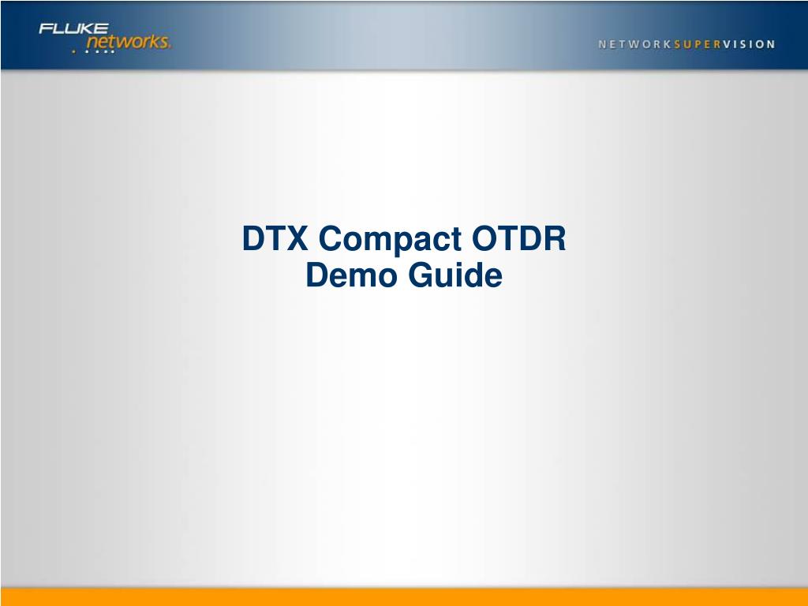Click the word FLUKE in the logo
[73, 28]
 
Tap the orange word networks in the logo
[129, 41]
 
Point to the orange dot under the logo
[73, 51]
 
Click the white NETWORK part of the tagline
[634, 44]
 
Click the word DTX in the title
[275, 238]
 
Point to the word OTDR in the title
[519, 238]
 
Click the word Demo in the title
[352, 275]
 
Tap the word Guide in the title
[455, 275]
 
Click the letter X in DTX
[297, 238]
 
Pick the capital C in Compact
[331, 238]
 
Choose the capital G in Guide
[421, 275]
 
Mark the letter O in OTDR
[485, 238]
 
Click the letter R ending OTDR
[555, 238]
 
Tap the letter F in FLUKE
[45, 28]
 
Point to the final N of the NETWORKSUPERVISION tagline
[772, 44]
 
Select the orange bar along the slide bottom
[404, 597]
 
